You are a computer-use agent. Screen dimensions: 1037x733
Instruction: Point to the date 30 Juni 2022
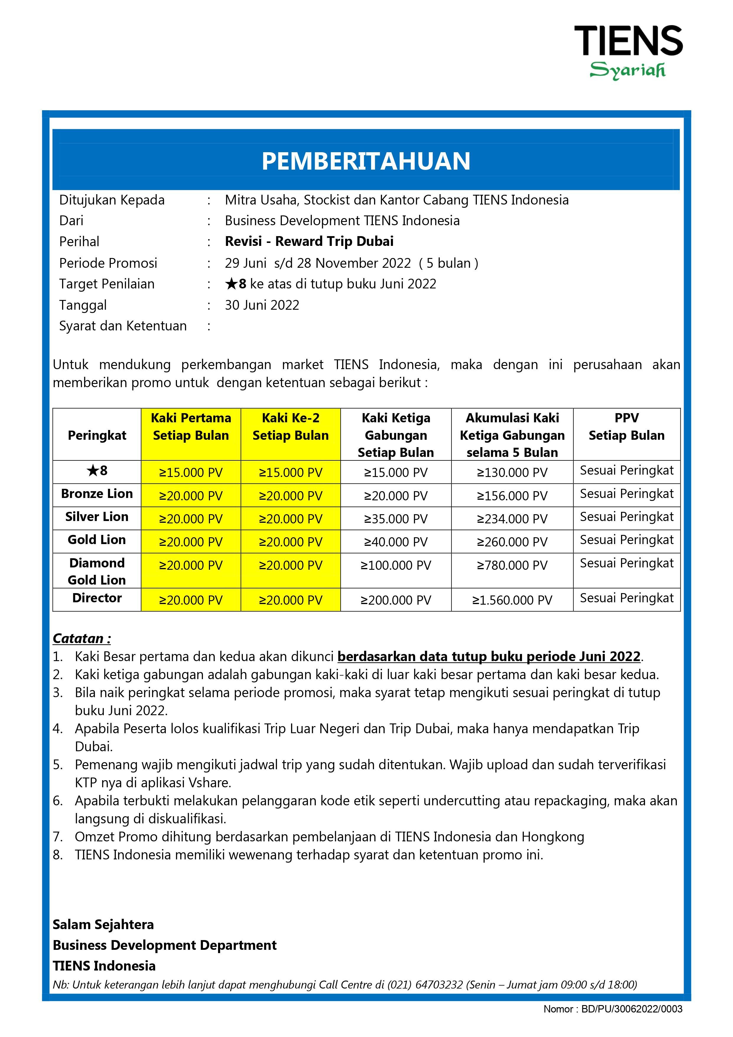pyautogui.click(x=262, y=305)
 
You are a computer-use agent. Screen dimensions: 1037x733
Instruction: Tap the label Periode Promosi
pyautogui.click(x=108, y=263)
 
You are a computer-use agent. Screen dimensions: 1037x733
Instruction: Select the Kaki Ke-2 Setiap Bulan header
pyautogui.click(x=290, y=427)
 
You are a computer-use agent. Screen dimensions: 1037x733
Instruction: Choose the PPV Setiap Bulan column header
pyautogui.click(x=626, y=427)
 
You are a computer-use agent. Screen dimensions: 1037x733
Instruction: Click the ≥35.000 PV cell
pyautogui.click(x=396, y=519)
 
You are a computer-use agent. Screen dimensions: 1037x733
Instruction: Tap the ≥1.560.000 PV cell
pyautogui.click(x=512, y=600)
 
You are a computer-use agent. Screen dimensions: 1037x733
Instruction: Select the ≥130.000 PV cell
pyautogui.click(x=512, y=473)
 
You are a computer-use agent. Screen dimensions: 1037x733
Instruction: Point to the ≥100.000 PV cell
pyautogui.click(x=396, y=565)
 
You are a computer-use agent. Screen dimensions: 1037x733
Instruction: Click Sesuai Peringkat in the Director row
pyautogui.click(x=626, y=598)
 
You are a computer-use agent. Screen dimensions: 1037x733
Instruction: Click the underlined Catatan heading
pyautogui.click(x=82, y=638)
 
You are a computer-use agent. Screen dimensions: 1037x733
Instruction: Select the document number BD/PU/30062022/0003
pyautogui.click(x=632, y=1009)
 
